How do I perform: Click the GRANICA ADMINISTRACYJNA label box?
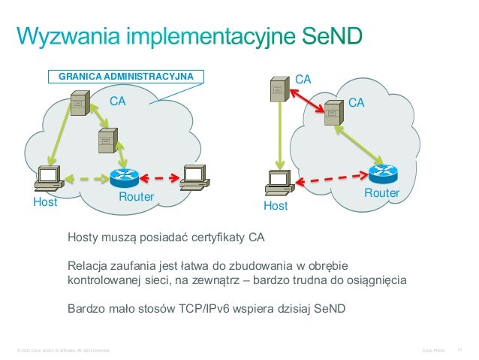click(126, 77)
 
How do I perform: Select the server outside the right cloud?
click(278, 89)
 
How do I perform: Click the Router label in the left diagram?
click(136, 197)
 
